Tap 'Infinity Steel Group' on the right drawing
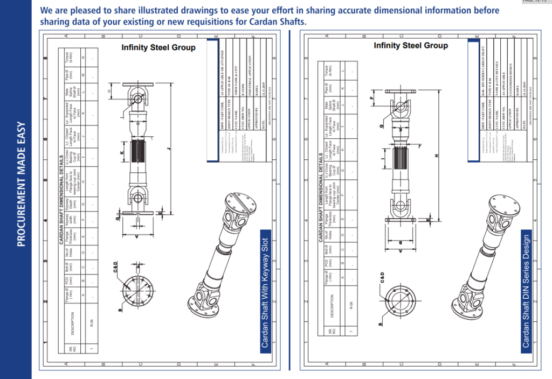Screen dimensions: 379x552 [411, 46]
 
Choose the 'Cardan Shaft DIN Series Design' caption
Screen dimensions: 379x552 [526, 291]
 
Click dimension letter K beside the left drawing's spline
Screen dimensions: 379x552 [122, 153]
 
